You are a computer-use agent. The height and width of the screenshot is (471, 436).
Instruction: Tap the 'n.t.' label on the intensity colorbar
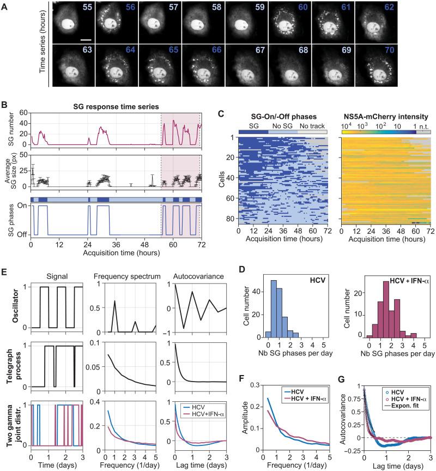[x=426, y=125]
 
